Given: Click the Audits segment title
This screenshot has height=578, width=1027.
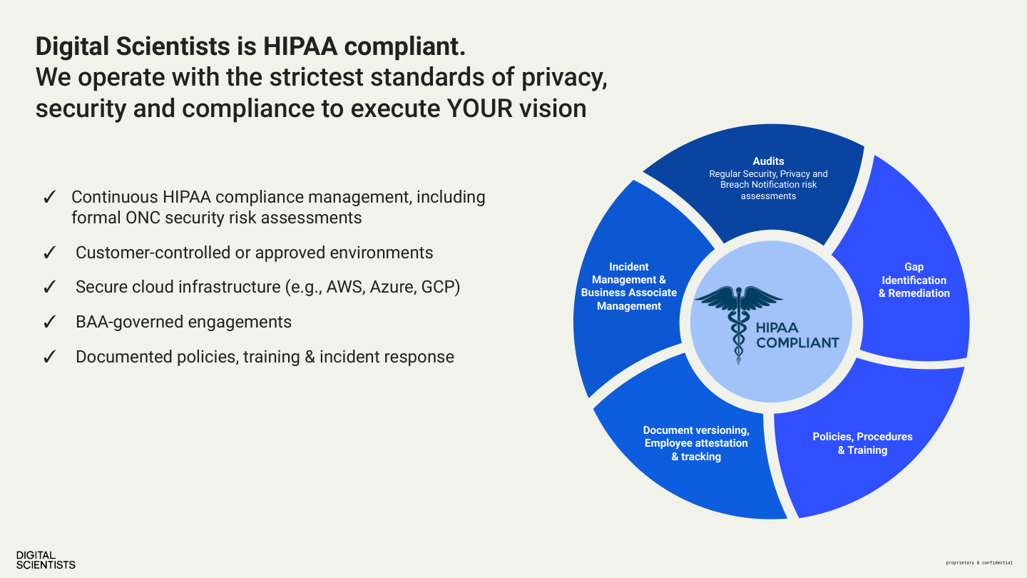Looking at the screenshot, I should coord(768,161).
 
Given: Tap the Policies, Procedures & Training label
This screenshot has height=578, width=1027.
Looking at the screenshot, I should coord(862,443).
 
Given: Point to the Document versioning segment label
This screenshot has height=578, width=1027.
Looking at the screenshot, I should coord(696,443).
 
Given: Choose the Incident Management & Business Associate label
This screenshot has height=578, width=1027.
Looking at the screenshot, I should coord(628,286).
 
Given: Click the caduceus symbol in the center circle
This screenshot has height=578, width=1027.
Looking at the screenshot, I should coord(738,322).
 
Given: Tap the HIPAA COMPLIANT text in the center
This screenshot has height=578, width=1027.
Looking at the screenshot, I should coord(797,335).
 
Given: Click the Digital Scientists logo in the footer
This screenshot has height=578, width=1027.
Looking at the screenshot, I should coord(46,559).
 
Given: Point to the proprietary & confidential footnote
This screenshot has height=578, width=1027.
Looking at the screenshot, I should coord(979,563).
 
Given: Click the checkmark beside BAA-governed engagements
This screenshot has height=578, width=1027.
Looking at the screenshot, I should coord(50,323).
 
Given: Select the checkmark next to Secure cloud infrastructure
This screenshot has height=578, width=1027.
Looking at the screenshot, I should coord(50,288).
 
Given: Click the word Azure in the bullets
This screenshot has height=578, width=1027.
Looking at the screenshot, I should coord(393,287).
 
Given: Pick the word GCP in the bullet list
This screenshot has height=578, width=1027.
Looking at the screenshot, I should coord(439,287).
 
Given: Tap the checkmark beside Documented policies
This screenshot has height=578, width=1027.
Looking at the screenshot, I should coord(50,358).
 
